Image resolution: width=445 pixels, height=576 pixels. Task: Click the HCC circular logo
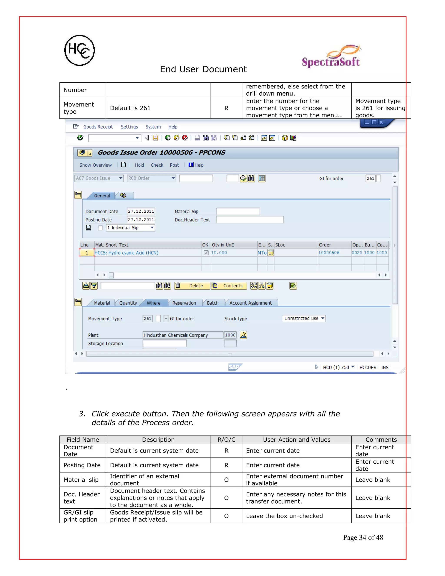point(79,50)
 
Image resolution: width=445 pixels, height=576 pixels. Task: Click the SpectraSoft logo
point(331,57)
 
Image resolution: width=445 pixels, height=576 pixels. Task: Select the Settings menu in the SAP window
point(129,127)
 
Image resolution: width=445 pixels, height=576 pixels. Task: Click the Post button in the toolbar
point(174,165)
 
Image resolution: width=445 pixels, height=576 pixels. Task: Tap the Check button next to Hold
point(157,165)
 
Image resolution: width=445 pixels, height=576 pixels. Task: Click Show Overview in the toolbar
point(95,165)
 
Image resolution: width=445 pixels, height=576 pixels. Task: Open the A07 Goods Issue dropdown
point(99,178)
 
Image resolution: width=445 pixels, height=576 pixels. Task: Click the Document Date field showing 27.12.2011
point(141,211)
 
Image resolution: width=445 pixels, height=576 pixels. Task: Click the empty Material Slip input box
point(238,211)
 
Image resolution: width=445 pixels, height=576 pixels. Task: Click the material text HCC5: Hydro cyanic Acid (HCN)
point(126,253)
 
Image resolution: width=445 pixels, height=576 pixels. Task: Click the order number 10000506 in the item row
point(329,253)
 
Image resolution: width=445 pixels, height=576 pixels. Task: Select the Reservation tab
point(184,303)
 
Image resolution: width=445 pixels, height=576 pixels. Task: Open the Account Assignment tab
point(251,303)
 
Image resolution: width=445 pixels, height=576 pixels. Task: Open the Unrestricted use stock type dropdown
point(303,318)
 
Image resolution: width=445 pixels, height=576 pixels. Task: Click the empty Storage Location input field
point(164,343)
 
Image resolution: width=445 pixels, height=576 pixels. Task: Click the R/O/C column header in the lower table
point(226,440)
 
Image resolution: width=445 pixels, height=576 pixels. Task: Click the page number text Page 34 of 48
point(363,538)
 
